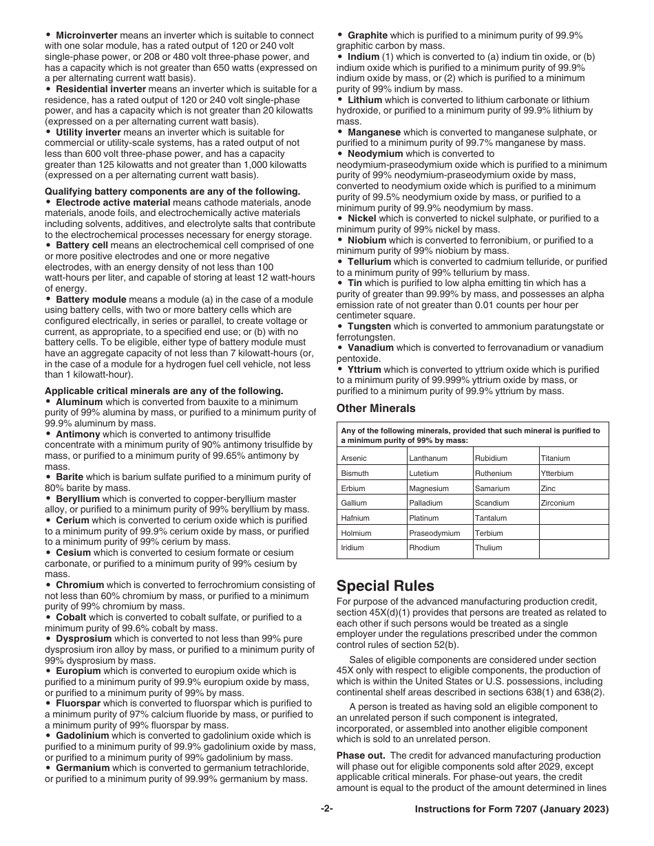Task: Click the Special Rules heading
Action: click(x=385, y=586)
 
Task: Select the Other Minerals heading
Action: click(x=376, y=409)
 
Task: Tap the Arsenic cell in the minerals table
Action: click(x=354, y=459)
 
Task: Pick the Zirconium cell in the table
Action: click(x=558, y=503)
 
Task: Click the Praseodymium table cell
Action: click(x=434, y=534)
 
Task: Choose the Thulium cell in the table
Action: click(x=488, y=548)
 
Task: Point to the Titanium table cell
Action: click(x=556, y=459)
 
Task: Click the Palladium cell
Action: click(x=426, y=503)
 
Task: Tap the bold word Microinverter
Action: click(x=86, y=35)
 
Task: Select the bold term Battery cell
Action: click(x=81, y=246)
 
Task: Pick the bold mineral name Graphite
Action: click(x=368, y=35)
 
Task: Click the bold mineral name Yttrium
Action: click(x=364, y=370)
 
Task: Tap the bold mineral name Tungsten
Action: click(x=369, y=327)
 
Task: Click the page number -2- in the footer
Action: click(x=327, y=810)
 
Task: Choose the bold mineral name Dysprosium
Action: click(x=85, y=639)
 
